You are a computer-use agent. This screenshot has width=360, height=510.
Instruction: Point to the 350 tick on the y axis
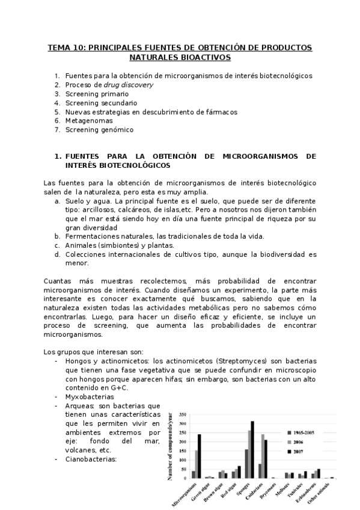(183, 414)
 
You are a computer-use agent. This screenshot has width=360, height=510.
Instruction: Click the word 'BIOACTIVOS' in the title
(205, 58)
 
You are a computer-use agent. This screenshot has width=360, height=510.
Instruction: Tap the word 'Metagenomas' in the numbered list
(88, 120)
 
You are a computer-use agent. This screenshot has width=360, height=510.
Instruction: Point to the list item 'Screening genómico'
(99, 129)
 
